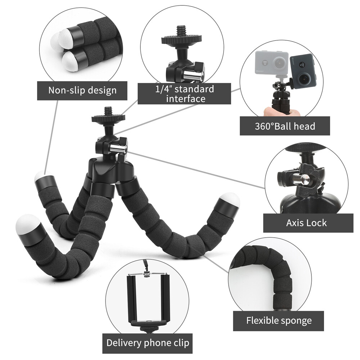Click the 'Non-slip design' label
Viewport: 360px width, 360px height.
click(x=82, y=90)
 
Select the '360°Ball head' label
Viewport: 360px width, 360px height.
click(x=285, y=126)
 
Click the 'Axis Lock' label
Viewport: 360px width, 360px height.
click(x=306, y=223)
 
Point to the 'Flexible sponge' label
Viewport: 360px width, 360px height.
click(x=279, y=320)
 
